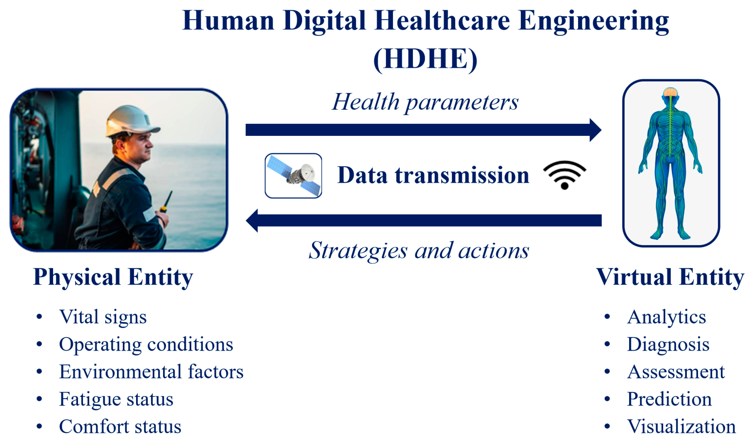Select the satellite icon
tap(294, 176)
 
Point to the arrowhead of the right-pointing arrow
tap(596, 130)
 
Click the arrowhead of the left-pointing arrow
tap(252, 221)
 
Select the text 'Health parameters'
tap(425, 103)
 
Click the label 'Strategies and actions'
tap(419, 251)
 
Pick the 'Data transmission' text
tap(433, 175)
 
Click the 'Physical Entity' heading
tap(113, 277)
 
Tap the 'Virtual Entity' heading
tap(670, 277)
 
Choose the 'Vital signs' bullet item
tap(103, 317)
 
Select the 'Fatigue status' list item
tap(116, 399)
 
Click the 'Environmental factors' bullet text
tap(151, 372)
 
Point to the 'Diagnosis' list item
tap(668, 345)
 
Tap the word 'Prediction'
tap(669, 399)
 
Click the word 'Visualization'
tap(682, 427)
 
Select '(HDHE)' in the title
tap(425, 59)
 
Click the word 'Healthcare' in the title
tap(442, 21)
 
